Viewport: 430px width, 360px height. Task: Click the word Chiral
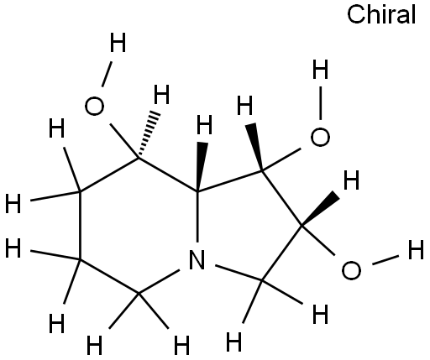(x=381, y=14)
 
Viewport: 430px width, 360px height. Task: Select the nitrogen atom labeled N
(x=197, y=260)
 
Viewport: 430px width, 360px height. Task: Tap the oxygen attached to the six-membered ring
(x=94, y=107)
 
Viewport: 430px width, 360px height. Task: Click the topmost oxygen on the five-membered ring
(x=320, y=137)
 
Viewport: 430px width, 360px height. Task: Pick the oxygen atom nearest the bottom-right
(x=351, y=270)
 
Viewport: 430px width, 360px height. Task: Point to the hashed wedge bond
(x=149, y=135)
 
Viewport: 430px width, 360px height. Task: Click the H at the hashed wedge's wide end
(x=162, y=94)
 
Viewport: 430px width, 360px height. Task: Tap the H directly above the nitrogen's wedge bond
(x=205, y=124)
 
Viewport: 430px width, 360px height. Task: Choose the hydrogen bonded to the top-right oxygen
(x=320, y=69)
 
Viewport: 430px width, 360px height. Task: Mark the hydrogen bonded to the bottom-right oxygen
(x=416, y=249)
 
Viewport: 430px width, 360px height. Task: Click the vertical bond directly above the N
(x=198, y=217)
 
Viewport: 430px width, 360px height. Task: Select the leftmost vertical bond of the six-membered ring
(x=80, y=226)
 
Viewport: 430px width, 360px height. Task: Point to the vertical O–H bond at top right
(x=320, y=103)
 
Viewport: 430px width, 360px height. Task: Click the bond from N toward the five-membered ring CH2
(x=239, y=272)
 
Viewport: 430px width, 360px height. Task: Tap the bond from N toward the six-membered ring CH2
(x=159, y=282)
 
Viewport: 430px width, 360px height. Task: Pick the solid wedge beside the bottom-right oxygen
(x=321, y=208)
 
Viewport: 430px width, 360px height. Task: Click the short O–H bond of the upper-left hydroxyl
(x=107, y=74)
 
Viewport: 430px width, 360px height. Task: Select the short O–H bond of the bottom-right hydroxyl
(x=385, y=260)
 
